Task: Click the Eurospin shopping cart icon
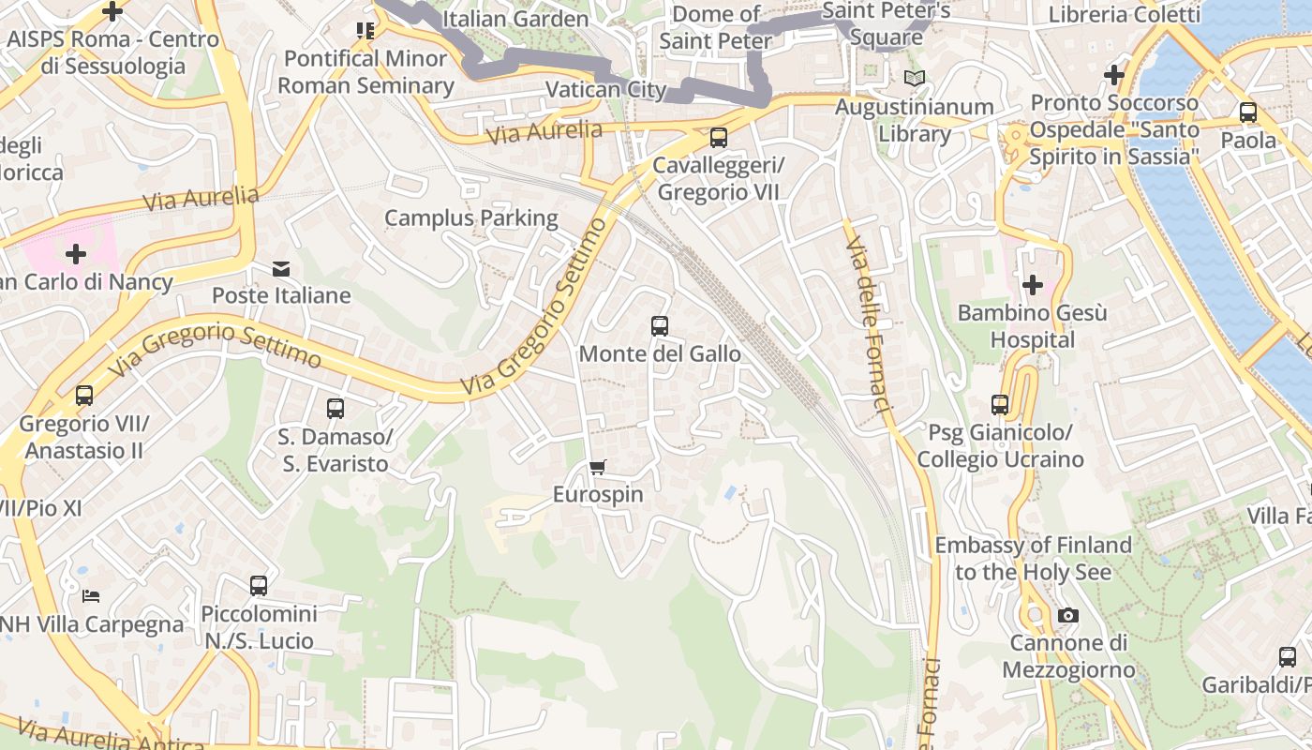tap(597, 467)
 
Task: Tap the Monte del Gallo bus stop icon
tap(660, 326)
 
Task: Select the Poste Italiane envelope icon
tap(281, 269)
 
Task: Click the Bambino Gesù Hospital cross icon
tap(1033, 285)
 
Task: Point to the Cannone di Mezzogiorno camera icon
tap(1067, 616)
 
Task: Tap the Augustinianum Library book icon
tap(914, 79)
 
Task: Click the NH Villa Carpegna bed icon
tap(91, 596)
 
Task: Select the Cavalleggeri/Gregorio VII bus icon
tap(719, 138)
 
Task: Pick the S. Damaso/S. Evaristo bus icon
tap(335, 409)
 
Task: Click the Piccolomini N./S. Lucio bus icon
tap(259, 586)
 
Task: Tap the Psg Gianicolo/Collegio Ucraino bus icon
tap(1000, 405)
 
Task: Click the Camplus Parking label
tap(471, 218)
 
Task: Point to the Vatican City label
tap(605, 90)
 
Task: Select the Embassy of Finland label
tap(1033, 558)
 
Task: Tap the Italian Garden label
tap(515, 19)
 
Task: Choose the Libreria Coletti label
tap(1124, 14)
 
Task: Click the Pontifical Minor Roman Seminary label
tap(365, 72)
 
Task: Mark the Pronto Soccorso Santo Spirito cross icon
tap(1113, 74)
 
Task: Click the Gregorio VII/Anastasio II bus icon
tap(84, 396)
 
